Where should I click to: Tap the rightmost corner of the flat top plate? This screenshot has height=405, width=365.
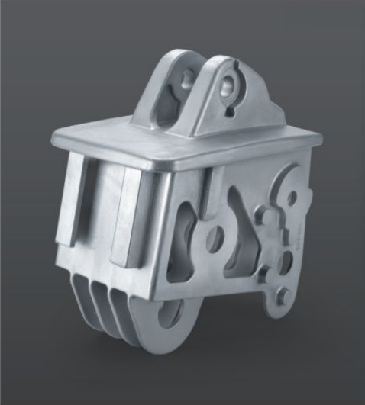click(305, 138)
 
